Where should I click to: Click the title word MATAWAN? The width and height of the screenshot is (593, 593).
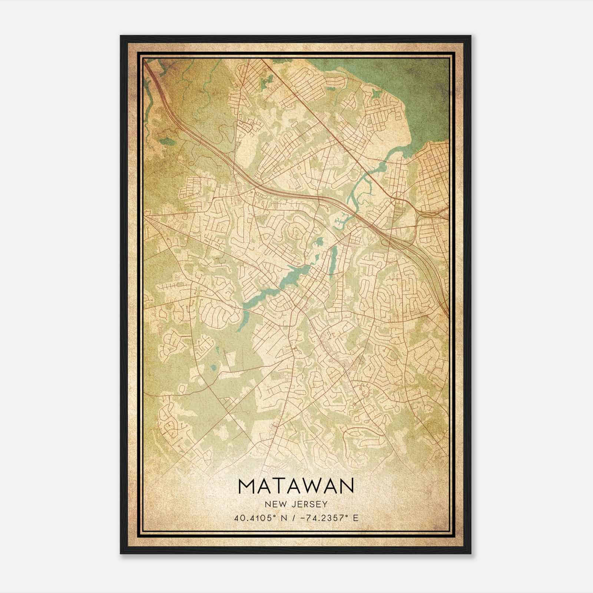tap(296, 486)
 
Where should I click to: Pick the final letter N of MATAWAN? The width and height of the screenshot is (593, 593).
tap(345, 486)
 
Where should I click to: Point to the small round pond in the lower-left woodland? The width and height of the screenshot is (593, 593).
tap(213, 368)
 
